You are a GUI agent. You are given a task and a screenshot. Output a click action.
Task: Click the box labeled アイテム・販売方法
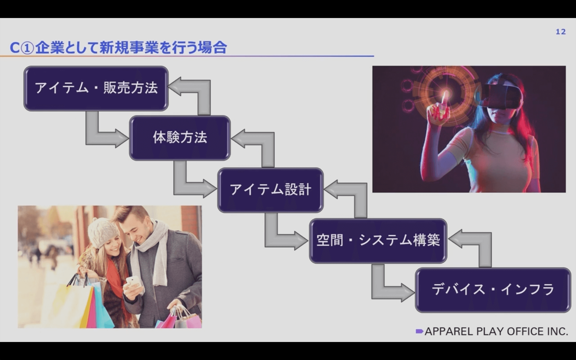(96, 88)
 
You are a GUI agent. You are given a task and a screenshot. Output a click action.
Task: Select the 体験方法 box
(180, 138)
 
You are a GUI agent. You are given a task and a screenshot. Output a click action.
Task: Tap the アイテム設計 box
(270, 190)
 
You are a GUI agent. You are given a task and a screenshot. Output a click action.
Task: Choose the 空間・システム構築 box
(378, 241)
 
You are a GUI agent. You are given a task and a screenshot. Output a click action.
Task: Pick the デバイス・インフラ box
(493, 290)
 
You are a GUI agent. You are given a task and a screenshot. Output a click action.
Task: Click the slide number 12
(561, 32)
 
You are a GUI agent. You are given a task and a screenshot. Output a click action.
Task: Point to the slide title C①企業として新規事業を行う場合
(118, 47)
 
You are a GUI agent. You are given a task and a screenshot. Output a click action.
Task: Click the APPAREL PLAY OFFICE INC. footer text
(496, 331)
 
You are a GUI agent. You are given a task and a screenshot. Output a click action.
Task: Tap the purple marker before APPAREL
(419, 331)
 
